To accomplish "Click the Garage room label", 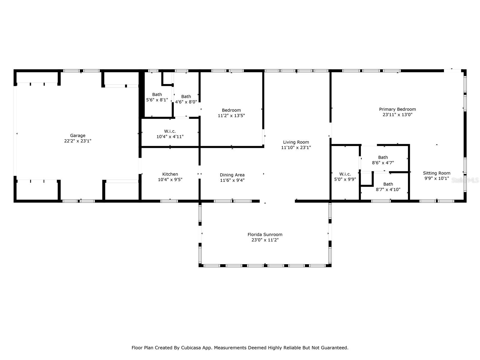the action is tap(78, 136).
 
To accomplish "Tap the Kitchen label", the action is tap(170, 174).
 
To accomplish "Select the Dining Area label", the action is tap(232, 175).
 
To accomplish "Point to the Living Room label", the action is tap(296, 142).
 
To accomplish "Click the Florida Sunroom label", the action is tap(265, 235).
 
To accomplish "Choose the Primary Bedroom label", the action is tap(397, 109).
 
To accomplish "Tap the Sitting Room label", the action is tap(436, 173).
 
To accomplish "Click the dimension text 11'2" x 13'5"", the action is tap(231, 115).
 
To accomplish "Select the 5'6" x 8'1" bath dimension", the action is tap(157, 100).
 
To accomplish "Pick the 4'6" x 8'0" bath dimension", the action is tap(186, 102).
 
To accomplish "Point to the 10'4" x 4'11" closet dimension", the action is tap(170, 136).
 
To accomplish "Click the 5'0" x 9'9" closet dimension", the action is tap(345, 179).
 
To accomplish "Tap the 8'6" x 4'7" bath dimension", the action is tap(383, 163).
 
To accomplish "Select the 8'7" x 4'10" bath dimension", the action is tap(388, 190).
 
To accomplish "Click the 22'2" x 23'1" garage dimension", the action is tap(78, 141).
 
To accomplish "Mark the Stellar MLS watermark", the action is tap(465, 180).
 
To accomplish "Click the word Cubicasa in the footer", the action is tap(191, 347).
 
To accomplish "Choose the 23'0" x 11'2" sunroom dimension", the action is tap(265, 240).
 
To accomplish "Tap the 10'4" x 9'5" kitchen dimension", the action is tap(170, 179).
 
